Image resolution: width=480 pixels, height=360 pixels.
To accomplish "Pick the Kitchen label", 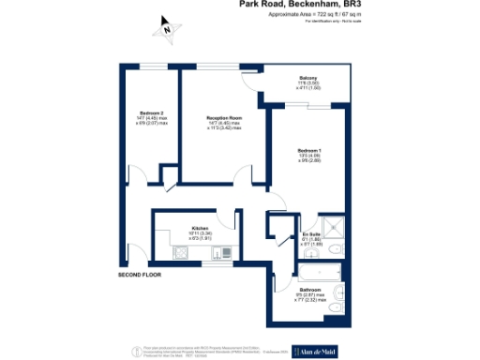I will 199,228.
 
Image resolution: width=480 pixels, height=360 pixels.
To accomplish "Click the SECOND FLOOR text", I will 140,275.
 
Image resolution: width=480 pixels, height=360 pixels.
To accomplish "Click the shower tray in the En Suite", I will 335,233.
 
